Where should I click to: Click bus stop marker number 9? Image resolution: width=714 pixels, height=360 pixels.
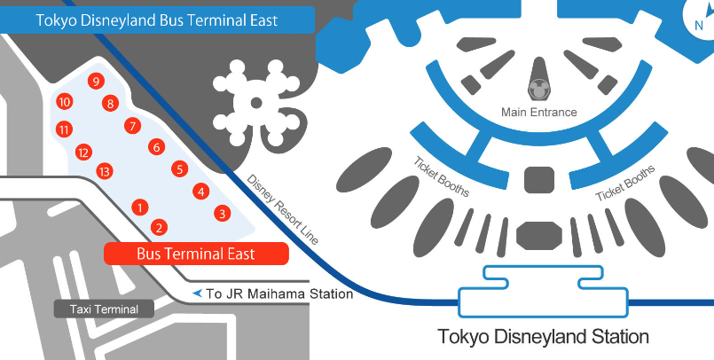coord(95,82)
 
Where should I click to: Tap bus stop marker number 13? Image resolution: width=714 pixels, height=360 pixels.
coord(104,171)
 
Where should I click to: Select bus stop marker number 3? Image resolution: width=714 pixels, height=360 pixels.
coord(222,213)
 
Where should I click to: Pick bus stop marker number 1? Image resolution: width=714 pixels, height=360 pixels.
coord(138,207)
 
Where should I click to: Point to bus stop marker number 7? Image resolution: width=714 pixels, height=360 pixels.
coord(132,126)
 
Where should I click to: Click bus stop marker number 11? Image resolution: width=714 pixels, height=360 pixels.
coord(64,129)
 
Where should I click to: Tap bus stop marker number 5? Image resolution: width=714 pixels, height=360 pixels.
coord(179,168)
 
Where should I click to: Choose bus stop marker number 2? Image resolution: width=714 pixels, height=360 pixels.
coord(158,227)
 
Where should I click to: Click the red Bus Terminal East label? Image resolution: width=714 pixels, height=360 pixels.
coord(196,254)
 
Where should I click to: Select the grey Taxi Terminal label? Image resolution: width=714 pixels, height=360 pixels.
coord(104,309)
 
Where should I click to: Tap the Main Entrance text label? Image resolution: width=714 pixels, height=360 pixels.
coord(538,113)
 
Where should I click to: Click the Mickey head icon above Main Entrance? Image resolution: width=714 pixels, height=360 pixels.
coord(538,89)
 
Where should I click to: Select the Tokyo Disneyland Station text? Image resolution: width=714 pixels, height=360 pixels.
coord(544,337)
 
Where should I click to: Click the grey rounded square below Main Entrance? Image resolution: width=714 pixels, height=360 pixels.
coord(538,179)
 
